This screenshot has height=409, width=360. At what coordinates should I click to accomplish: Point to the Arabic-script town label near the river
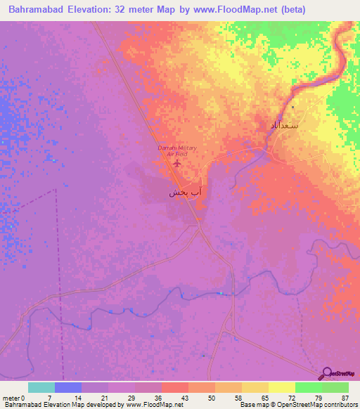click(x=284, y=124)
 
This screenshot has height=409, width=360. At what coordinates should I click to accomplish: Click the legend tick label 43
click(x=184, y=397)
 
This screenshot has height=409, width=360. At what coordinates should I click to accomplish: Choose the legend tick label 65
click(x=264, y=397)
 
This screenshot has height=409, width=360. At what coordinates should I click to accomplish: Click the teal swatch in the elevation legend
click(x=41, y=387)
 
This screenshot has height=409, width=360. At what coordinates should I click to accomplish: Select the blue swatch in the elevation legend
click(x=68, y=387)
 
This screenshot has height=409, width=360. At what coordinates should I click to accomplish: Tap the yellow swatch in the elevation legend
click(x=281, y=387)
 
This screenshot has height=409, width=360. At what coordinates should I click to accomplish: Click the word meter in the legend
click(x=10, y=397)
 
